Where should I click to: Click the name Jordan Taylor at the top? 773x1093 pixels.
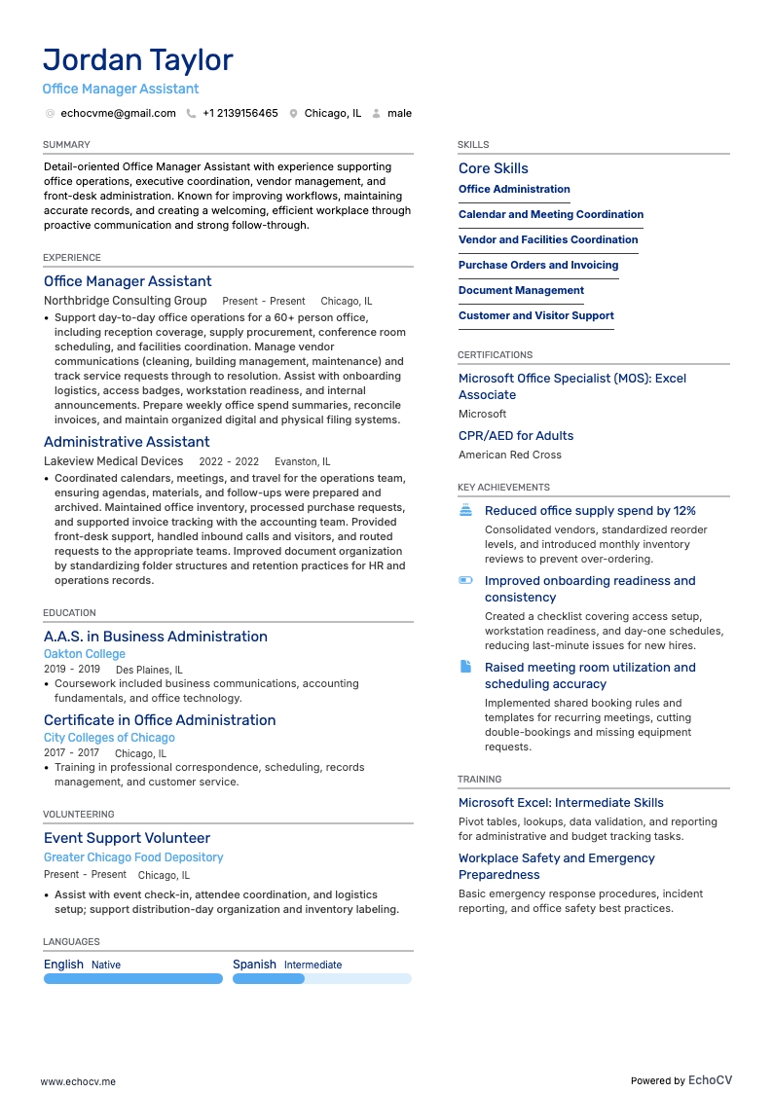[137, 60]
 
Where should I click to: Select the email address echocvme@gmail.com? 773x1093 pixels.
[118, 113]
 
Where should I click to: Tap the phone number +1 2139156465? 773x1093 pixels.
[239, 113]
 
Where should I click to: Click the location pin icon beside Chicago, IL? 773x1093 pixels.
[293, 113]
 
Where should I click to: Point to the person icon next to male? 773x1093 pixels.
[376, 113]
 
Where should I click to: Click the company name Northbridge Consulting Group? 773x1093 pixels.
[125, 301]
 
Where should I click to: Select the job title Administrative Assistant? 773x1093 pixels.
[127, 442]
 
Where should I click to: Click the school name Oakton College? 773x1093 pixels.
[85, 654]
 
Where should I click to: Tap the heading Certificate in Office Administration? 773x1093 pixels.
[160, 720]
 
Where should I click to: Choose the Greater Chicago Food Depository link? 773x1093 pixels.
[133, 857]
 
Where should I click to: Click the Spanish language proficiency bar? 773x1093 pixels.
[321, 979]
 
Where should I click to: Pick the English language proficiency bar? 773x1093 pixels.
[133, 979]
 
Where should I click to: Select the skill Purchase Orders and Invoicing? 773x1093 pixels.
[538, 265]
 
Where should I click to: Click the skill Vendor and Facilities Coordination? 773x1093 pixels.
[548, 239]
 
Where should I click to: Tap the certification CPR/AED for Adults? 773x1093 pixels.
[516, 436]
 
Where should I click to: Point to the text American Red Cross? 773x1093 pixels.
[509, 455]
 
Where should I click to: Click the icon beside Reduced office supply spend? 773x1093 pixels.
[465, 510]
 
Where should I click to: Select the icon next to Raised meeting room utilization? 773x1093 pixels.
[465, 667]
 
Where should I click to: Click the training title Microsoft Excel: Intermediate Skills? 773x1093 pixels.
[561, 803]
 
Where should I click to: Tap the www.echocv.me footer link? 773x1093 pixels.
[78, 1081]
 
